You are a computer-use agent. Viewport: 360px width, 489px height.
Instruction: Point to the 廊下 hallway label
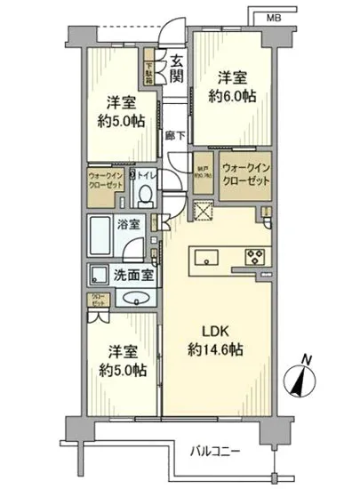176,135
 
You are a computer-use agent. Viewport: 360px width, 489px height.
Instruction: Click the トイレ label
148,176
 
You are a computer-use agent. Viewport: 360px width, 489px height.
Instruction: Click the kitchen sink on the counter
205,259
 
